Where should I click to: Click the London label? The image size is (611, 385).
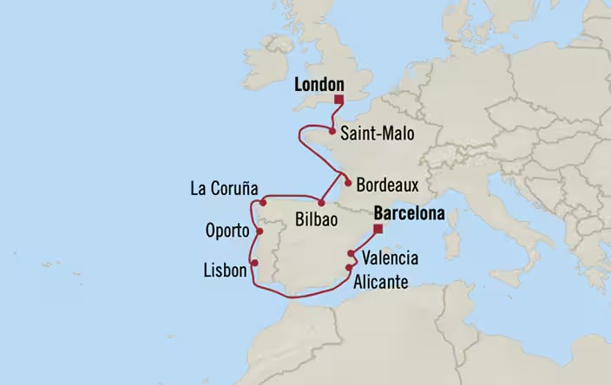click(x=319, y=85)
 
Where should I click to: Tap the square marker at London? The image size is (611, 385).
click(x=338, y=99)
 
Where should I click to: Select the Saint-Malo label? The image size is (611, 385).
click(x=378, y=134)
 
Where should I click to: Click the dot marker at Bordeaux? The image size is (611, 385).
click(x=348, y=183)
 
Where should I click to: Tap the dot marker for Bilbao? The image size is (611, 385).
click(x=321, y=204)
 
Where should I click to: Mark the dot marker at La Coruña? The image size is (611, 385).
click(x=262, y=201)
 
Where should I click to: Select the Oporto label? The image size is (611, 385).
click(x=227, y=232)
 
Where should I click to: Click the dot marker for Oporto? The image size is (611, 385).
click(x=258, y=232)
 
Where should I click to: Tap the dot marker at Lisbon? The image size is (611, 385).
click(x=254, y=264)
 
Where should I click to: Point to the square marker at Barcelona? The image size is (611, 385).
click(x=378, y=229)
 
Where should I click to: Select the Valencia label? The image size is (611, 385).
click(x=390, y=258)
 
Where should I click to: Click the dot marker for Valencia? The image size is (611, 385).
click(x=351, y=254)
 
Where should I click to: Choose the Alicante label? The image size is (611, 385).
click(x=386, y=280)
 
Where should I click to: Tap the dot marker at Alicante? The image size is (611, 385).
click(x=348, y=269)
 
